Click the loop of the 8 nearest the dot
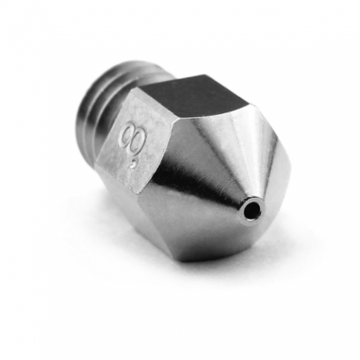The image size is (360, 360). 130,149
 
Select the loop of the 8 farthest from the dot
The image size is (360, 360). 129,129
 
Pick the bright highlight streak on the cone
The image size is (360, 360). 189,173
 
